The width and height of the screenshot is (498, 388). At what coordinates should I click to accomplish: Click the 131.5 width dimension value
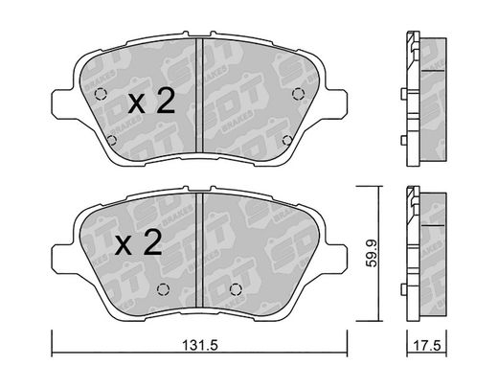click(x=200, y=345)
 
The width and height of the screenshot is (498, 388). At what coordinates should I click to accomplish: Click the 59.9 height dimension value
click(x=372, y=254)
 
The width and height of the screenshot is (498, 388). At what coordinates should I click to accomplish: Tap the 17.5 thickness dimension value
click(x=427, y=346)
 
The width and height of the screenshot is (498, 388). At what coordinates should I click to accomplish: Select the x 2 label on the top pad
click(x=151, y=101)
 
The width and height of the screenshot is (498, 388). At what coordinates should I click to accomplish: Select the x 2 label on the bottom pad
click(x=139, y=242)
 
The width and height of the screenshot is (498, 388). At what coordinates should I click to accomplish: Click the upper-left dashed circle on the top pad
click(x=101, y=94)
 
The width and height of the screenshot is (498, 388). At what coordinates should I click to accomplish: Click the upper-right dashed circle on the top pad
click(x=299, y=94)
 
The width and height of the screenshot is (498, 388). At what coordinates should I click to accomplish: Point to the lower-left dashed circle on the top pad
click(x=111, y=140)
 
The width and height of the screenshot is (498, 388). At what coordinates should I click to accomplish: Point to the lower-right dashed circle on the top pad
click(x=287, y=140)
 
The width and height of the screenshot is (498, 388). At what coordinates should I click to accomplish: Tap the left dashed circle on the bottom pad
click(x=163, y=289)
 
